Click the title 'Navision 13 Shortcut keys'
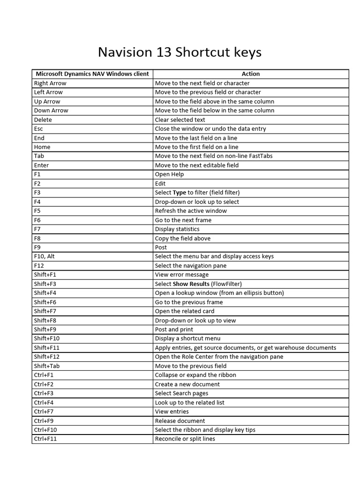click(180, 52)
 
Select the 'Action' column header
click(250, 74)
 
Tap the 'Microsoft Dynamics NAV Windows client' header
click(92, 74)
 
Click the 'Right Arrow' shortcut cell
click(50, 83)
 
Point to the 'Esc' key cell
click(38, 128)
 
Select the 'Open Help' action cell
click(169, 174)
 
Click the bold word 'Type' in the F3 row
click(179, 192)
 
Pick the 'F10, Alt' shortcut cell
click(44, 256)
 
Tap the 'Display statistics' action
click(177, 229)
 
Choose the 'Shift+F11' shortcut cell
click(46, 348)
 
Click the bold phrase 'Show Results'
click(191, 284)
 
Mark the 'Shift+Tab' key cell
click(46, 366)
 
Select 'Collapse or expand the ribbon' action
click(195, 375)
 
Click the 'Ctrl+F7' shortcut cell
click(44, 412)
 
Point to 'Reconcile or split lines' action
click(185, 439)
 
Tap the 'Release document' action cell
click(180, 420)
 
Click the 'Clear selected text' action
click(180, 120)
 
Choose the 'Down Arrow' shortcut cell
click(51, 110)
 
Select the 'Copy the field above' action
click(183, 238)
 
